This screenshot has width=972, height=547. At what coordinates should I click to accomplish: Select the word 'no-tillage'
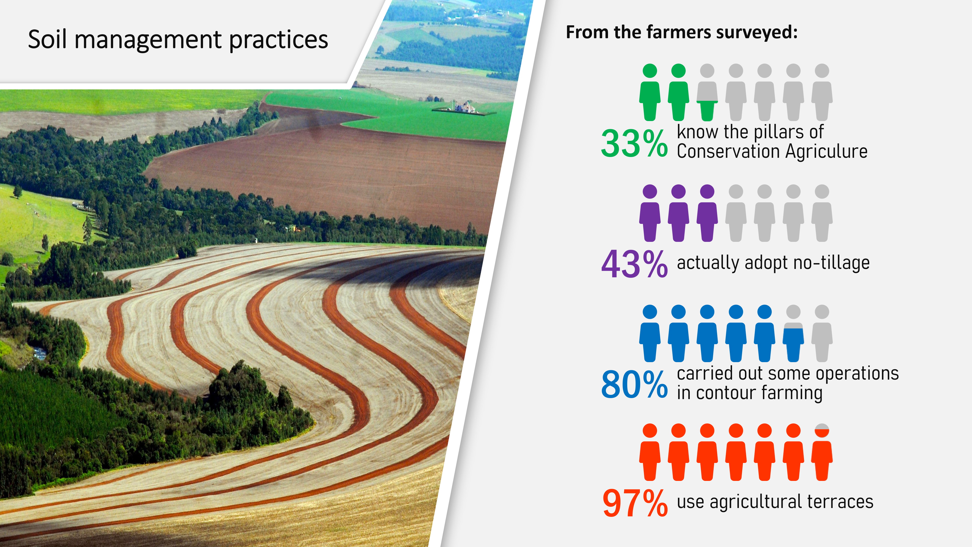point(832,263)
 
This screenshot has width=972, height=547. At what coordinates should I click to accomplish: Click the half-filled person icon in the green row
point(707,92)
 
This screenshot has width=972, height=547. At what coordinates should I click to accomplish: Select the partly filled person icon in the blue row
point(793,333)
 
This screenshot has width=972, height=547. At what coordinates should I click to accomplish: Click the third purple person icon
point(707,213)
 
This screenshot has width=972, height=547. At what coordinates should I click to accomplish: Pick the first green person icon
point(650,92)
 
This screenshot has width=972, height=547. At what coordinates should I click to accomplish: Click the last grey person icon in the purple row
point(822,213)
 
